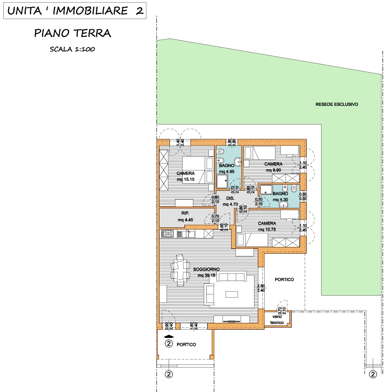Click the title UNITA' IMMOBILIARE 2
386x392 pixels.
75,11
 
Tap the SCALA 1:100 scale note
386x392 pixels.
72,49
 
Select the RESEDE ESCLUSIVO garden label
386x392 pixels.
337,104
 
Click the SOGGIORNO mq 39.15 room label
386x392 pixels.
206,272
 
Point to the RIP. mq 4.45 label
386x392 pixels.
185,216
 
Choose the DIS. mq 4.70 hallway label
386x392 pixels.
230,201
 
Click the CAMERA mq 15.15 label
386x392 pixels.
185,176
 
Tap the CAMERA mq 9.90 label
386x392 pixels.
273,167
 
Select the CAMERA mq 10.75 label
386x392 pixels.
267,226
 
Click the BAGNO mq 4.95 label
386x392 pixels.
227,168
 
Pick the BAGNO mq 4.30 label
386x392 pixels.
280,196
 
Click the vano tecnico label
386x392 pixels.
277,319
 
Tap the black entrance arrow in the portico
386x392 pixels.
169,336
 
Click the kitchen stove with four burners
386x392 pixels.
168,234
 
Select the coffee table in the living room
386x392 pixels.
232,294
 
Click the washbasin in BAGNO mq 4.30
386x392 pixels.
283,204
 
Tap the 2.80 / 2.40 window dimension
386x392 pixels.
261,288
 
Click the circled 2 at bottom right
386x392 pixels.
373,374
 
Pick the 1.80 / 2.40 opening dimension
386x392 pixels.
194,326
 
